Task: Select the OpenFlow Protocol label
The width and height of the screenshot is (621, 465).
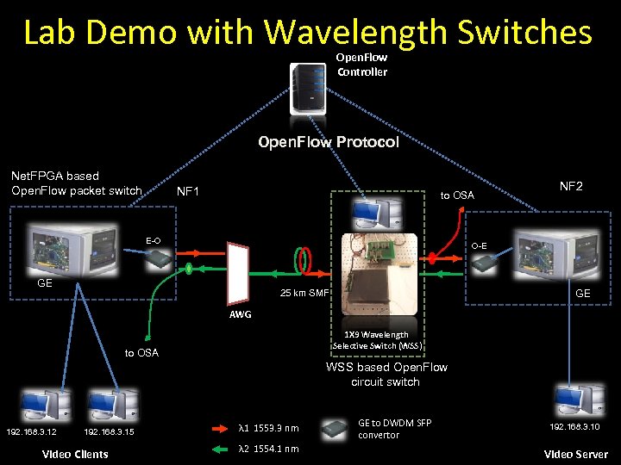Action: point(329,142)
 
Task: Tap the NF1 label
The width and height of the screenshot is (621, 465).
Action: point(187,190)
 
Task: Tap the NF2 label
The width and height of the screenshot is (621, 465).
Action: point(571,185)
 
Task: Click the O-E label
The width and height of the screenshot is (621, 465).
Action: point(477,246)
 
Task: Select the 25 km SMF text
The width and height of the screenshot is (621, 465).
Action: point(304,294)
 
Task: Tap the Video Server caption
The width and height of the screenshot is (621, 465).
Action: point(575,454)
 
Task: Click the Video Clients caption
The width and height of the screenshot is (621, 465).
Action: point(74,454)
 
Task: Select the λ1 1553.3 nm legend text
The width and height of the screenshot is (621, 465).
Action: point(268,428)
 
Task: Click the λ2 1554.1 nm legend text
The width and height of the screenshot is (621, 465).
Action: point(268,449)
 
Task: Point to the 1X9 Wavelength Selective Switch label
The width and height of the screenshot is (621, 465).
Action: point(377,340)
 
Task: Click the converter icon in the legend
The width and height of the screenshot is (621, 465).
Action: point(336,428)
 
